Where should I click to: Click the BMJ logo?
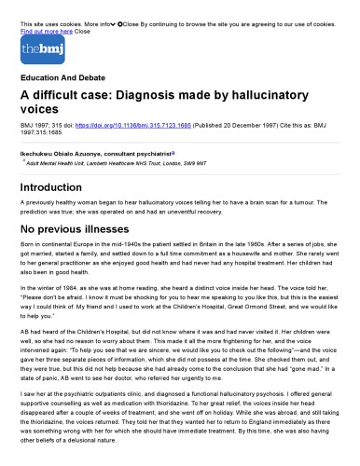[33, 48]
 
